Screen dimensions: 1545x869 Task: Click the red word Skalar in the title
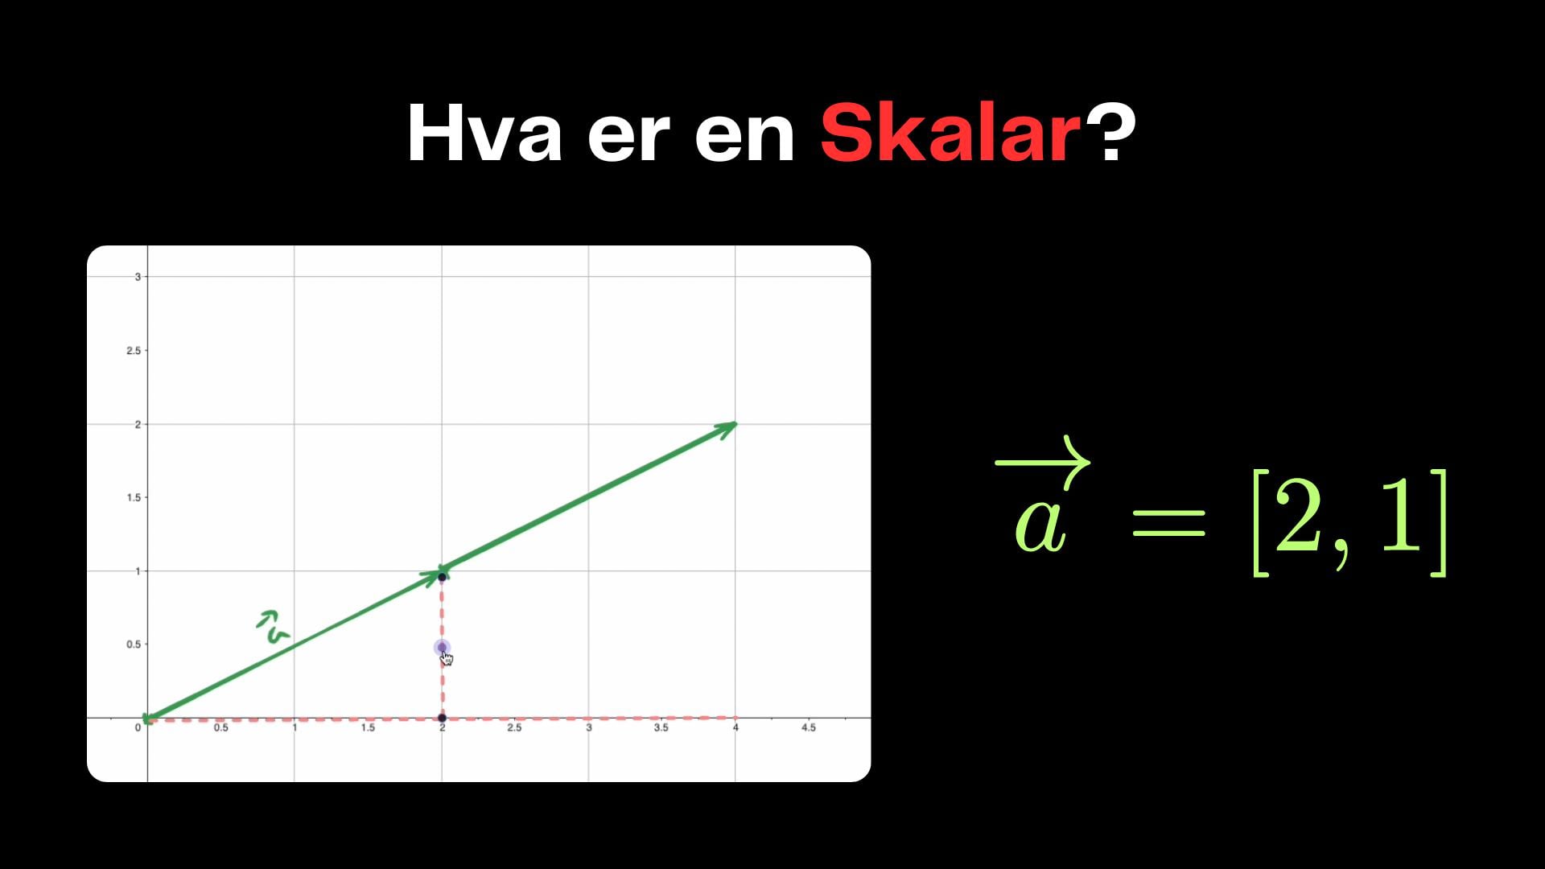coord(950,134)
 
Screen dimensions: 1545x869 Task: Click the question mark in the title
coord(1110,133)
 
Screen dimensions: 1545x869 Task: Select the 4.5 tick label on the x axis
coord(809,727)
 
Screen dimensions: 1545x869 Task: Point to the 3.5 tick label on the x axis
coord(661,727)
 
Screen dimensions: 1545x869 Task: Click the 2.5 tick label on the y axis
coord(134,351)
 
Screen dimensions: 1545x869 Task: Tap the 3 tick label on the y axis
coord(138,277)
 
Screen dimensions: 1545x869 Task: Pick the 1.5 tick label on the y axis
coord(134,498)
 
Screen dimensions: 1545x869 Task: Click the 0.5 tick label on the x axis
coord(220,727)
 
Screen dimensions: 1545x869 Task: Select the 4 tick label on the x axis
coord(735,727)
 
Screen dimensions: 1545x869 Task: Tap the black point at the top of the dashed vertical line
coord(442,577)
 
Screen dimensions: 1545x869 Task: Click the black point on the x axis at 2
coord(442,718)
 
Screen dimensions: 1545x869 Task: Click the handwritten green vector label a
coord(273,628)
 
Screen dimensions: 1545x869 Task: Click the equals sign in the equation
coord(1168,523)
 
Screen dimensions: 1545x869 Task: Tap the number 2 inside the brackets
coord(1298,521)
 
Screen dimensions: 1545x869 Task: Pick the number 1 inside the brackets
coord(1402,521)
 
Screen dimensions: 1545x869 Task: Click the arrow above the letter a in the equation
coord(1043,462)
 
